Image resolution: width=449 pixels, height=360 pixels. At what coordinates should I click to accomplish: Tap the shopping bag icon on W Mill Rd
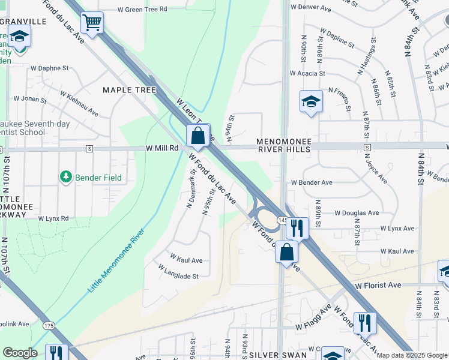[x=198, y=137]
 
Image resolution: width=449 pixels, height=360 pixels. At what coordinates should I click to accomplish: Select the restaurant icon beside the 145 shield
[x=297, y=229]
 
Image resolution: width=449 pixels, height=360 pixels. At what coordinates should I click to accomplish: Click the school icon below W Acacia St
[x=311, y=101]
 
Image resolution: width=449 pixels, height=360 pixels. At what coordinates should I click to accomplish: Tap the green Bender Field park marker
[x=65, y=177]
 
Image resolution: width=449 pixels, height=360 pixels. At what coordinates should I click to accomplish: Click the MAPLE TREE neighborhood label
[x=129, y=90]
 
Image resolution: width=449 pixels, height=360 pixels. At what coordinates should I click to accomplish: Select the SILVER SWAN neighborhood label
[x=279, y=355]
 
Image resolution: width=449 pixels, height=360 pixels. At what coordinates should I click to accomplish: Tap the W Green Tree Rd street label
[x=142, y=10]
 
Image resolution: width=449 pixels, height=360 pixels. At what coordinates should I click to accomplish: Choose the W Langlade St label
[x=178, y=276]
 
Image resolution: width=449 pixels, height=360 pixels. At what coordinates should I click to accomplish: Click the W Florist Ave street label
[x=378, y=286]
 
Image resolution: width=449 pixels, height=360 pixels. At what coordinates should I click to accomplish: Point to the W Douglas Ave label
[x=357, y=212]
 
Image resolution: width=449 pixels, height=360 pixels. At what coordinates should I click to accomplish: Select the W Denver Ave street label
[x=310, y=8]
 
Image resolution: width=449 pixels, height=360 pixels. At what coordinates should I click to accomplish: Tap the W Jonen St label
[x=30, y=98]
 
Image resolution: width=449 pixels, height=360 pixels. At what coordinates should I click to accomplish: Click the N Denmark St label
[x=191, y=189]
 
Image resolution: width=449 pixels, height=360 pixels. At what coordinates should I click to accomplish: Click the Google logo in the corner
[x=20, y=353]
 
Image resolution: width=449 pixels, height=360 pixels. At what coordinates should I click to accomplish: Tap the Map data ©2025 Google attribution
[x=412, y=355]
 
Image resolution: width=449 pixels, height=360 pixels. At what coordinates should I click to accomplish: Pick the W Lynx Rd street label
[x=53, y=218]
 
